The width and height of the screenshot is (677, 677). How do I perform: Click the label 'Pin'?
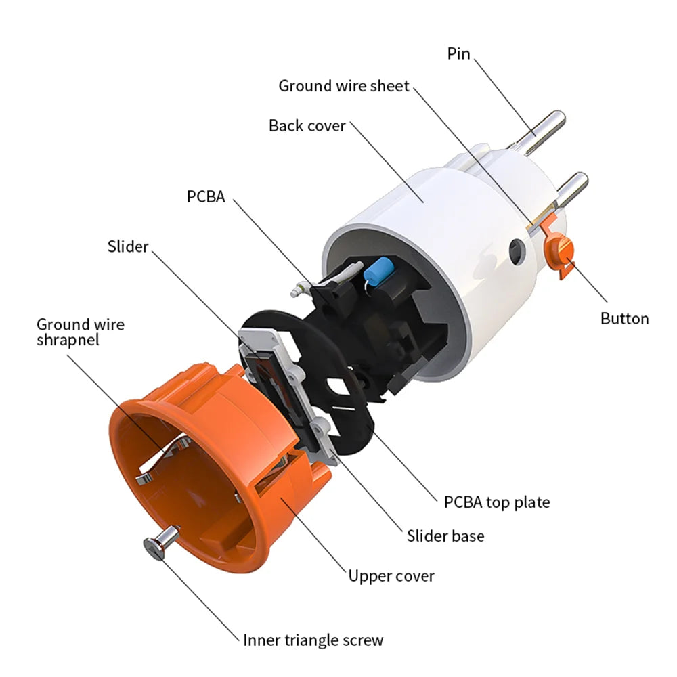458,54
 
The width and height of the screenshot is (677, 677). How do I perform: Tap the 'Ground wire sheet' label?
344,86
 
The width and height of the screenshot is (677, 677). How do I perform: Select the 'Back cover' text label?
307,126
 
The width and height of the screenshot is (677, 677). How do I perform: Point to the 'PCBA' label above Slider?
206,196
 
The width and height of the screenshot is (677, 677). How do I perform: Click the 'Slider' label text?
128,246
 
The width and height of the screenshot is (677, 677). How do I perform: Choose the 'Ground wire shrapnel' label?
81,332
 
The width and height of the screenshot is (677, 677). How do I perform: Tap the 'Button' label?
624,319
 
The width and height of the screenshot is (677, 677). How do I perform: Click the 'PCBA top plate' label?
497,502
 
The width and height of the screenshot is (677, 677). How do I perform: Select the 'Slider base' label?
445,536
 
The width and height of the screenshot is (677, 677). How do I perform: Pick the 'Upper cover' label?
391,576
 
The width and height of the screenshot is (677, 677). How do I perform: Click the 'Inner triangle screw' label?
313,640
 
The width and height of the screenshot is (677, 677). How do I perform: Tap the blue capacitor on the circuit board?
378,270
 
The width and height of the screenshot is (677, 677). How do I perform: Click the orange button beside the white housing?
559,250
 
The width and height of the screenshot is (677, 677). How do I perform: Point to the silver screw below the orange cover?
161,543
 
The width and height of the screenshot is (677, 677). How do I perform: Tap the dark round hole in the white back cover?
517,251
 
